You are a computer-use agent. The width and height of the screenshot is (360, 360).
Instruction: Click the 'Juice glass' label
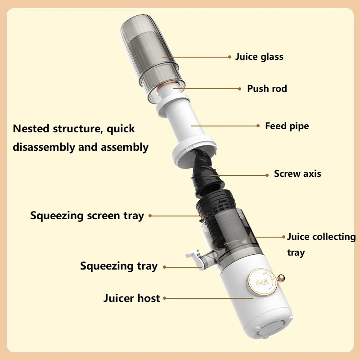pos(259,57)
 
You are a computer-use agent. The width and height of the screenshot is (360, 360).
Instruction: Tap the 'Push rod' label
pos(267,89)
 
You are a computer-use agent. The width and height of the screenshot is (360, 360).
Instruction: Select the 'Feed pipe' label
pos(287,126)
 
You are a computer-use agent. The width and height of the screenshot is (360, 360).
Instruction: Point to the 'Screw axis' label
pos(297,174)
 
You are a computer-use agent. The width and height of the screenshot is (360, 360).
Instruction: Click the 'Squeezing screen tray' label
pos(87,216)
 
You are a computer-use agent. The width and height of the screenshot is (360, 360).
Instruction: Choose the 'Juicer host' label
pos(131,298)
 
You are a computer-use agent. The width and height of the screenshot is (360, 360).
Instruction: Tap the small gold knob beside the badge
pos(282,278)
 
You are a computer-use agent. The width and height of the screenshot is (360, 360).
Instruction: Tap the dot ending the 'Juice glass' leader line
pos(229,57)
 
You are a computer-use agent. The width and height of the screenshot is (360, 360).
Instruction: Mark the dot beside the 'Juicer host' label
pos(165,298)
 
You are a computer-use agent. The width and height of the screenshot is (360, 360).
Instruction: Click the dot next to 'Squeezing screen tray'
pos(150,216)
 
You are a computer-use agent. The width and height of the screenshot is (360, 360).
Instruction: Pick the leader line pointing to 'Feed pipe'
pos(225,126)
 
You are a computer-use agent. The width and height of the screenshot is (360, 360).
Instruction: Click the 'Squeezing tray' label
pos(119,266)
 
